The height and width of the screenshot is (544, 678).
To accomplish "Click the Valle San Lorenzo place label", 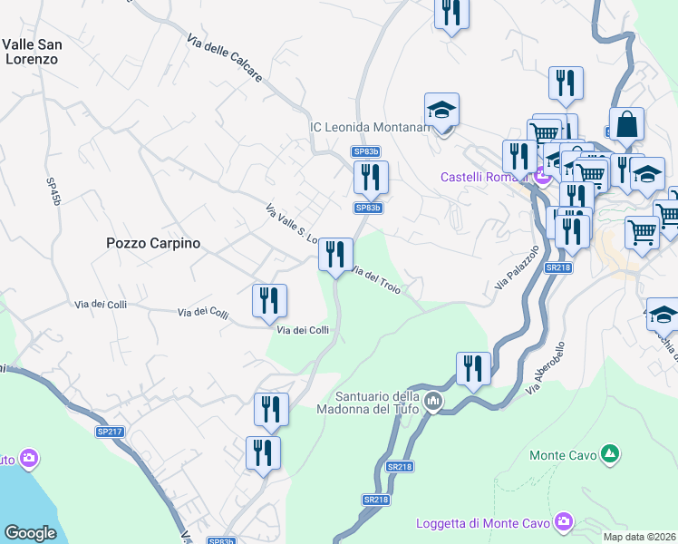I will pyautogui.click(x=32, y=51).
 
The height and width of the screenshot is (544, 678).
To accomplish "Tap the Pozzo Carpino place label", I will pyautogui.click(x=153, y=243).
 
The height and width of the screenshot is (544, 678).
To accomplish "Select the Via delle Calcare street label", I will pyautogui.click(x=225, y=58).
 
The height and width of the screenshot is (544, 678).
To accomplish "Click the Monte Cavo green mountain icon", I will pyautogui.click(x=611, y=452).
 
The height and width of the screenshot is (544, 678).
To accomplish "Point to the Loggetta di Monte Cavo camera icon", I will pyautogui.click(x=564, y=521).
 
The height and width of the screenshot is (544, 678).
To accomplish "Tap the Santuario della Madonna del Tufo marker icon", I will pyautogui.click(x=433, y=400).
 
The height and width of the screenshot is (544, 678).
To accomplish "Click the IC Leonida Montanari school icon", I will pyautogui.click(x=442, y=111).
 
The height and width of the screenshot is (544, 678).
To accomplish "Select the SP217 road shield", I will pyautogui.click(x=110, y=432).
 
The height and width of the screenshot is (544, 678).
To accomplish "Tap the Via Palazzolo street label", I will pyautogui.click(x=517, y=267).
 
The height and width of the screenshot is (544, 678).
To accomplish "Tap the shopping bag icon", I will pyautogui.click(x=626, y=124).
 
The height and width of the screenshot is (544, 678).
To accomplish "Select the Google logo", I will pyautogui.click(x=30, y=533).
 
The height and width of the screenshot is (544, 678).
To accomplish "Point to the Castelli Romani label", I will pyautogui.click(x=483, y=176).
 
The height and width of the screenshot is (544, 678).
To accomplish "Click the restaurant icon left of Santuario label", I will pyautogui.click(x=271, y=410).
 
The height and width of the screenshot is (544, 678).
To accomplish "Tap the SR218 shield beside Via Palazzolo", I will pyautogui.click(x=557, y=267).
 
